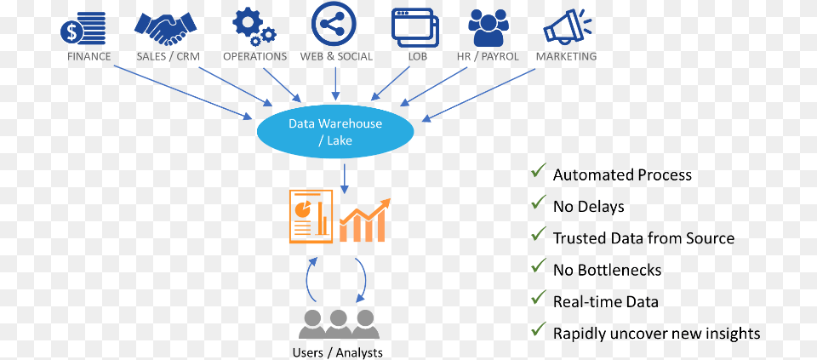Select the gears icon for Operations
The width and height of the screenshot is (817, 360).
[x=254, y=27]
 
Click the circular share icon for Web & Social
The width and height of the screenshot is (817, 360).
[x=334, y=25]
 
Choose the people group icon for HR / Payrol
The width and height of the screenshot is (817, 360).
[x=488, y=28]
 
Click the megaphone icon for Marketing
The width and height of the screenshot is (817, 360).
[x=567, y=26]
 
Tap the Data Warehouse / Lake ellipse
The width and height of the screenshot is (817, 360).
[x=335, y=132]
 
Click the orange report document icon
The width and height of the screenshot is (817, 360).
[x=310, y=216]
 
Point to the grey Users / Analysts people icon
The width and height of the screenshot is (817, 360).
[x=339, y=324]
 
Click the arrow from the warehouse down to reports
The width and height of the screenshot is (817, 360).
[x=344, y=176]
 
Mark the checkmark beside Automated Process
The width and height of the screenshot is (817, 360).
[x=538, y=172]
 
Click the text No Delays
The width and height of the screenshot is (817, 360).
[x=588, y=207]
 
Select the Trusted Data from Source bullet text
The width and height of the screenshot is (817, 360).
[x=643, y=238]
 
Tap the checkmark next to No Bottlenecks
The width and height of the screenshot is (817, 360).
[x=538, y=267]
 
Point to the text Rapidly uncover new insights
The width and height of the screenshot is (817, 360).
[x=656, y=333]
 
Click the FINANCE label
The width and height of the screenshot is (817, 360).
[x=89, y=57]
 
